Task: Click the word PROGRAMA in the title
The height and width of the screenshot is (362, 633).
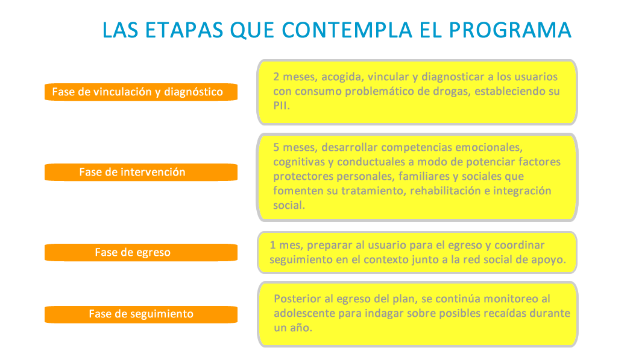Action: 510,30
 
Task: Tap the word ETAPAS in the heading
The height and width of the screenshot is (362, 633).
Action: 184,30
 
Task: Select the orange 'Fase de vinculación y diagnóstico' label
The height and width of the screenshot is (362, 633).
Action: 141,92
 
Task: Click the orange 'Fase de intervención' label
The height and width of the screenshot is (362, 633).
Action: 141,172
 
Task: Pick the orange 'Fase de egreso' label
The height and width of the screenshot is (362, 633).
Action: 141,252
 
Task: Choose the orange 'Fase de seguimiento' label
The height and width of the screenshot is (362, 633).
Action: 141,314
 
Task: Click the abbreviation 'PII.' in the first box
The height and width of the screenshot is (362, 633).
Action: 282,106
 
